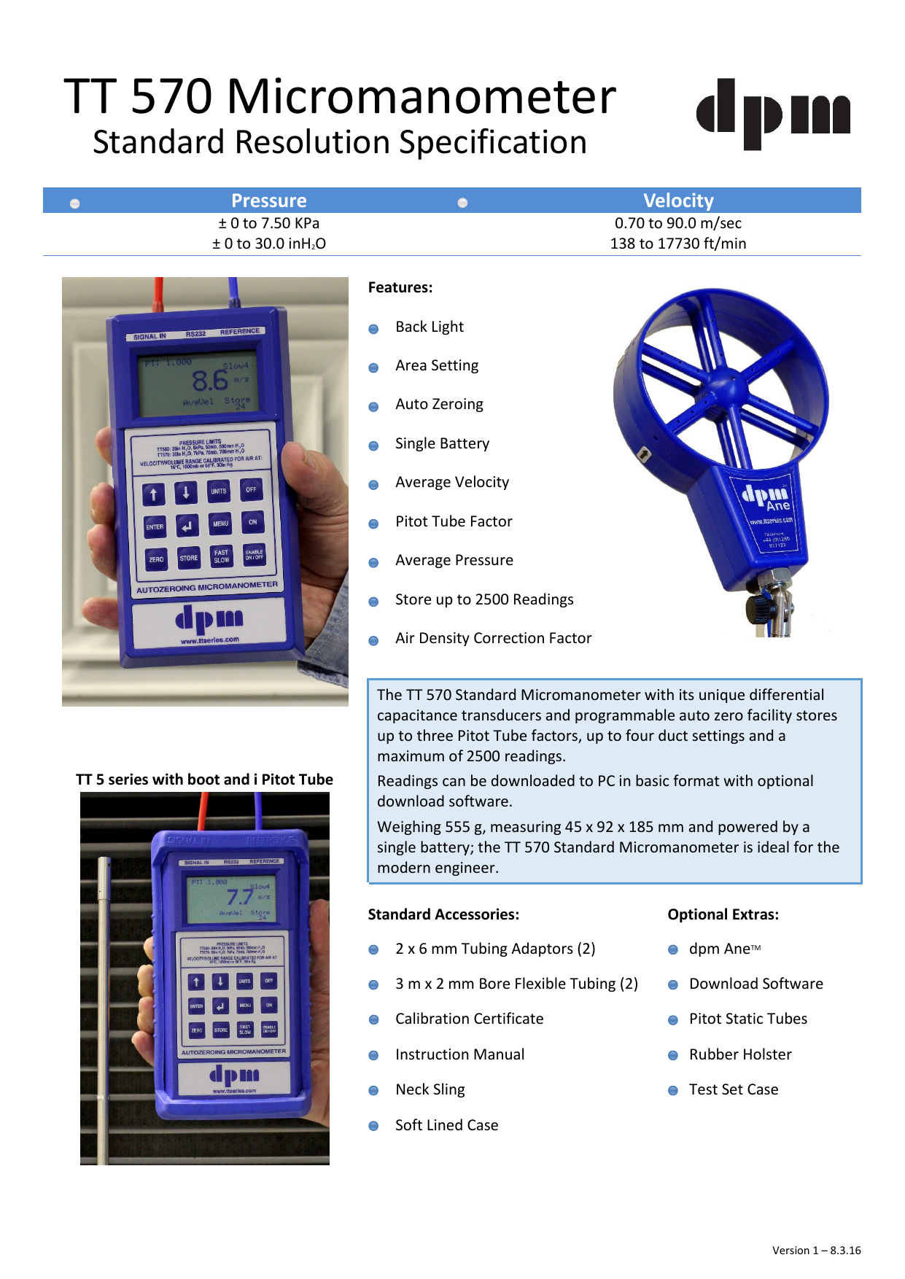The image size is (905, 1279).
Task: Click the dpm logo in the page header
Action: coord(773,114)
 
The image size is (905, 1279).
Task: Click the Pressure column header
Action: coord(268,201)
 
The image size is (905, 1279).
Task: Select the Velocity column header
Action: coord(678,201)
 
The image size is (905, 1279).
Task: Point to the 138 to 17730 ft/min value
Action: coord(678,244)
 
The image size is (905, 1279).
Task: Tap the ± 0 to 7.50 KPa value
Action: coord(268,223)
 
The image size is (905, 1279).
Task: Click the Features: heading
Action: coord(400,287)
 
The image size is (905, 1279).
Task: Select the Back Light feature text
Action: coord(430,327)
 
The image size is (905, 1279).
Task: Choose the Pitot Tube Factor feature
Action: coord(454,521)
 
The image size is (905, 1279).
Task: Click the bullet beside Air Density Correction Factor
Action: coord(373,641)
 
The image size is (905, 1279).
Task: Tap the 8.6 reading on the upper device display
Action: coord(210,380)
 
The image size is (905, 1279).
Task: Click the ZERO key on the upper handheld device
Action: coord(156,559)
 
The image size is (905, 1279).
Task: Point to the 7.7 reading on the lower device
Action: coord(240,896)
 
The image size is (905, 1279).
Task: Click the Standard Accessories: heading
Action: coord(443,914)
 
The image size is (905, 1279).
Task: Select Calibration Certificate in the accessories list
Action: coord(469,1019)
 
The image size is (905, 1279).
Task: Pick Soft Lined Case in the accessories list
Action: coord(446,1125)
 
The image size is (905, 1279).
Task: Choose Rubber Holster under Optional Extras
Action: coord(740,1054)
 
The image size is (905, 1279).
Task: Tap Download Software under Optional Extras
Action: coord(756,984)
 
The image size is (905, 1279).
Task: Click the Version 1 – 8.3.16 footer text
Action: coord(816,1250)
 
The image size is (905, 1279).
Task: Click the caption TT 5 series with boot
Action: coord(204,780)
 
